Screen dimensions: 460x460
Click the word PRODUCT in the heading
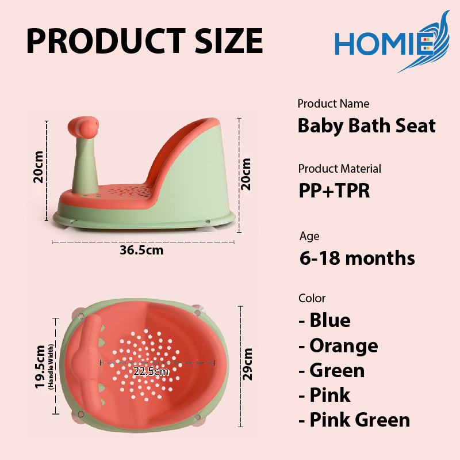point(106,41)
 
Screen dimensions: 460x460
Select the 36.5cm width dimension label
point(141,250)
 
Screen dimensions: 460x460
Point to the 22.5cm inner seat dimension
point(151,371)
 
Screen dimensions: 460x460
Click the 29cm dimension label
point(247,364)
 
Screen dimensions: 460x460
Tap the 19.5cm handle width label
point(44,367)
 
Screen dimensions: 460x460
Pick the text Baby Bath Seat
point(367,126)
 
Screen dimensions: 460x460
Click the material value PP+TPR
point(334,191)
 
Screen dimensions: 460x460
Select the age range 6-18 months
point(357,258)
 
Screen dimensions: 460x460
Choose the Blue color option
point(324,320)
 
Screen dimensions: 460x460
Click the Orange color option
point(338,346)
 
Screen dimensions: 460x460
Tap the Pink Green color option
point(354,420)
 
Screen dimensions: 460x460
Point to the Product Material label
point(340,169)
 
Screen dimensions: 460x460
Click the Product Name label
point(333,104)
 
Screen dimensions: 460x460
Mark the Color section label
point(312,298)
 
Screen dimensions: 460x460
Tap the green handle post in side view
point(85,165)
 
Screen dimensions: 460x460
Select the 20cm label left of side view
point(39,167)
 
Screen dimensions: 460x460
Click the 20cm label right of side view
point(246,174)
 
